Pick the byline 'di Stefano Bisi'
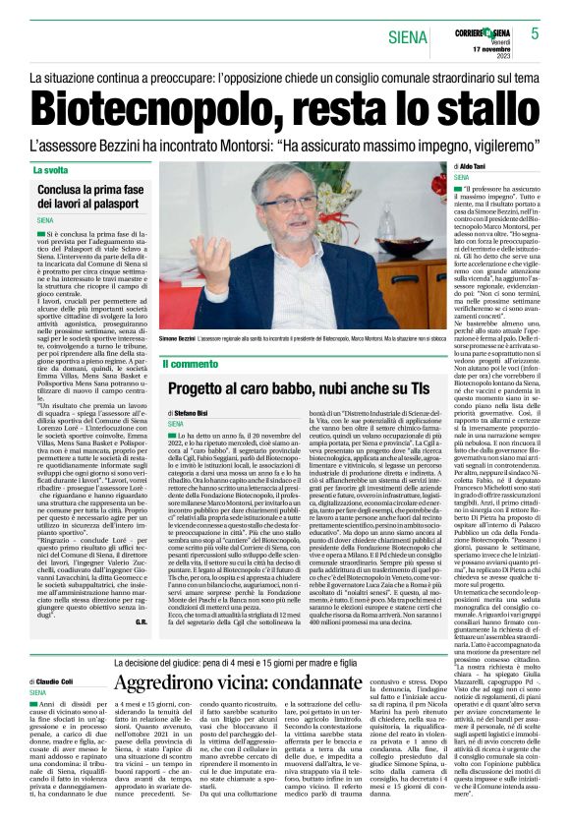tap(190, 413)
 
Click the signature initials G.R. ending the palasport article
tap(141, 623)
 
